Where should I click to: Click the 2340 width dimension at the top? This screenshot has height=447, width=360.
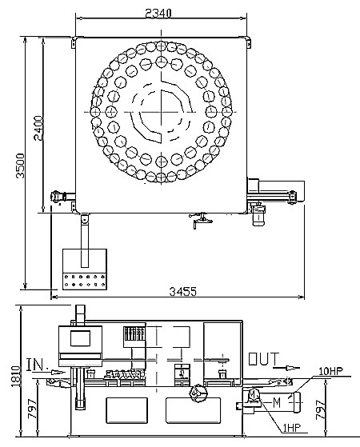tap(158, 13)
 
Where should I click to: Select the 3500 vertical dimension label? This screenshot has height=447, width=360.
tap(20, 166)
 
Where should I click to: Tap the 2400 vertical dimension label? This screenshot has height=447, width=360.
tap(38, 128)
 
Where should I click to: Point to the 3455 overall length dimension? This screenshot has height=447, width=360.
tap(183, 291)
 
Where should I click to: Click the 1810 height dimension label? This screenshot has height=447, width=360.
tap(16, 377)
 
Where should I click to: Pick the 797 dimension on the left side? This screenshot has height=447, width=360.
tap(32, 409)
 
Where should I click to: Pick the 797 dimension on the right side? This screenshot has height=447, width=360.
tap(321, 409)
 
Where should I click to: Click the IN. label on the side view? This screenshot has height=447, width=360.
tap(36, 365)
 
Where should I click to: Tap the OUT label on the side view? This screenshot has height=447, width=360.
tap(263, 359)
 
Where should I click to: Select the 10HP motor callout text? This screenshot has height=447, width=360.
tap(331, 371)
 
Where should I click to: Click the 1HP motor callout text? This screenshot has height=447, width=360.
tap(291, 428)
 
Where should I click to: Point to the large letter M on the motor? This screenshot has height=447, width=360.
tap(277, 402)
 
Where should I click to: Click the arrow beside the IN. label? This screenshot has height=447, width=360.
tap(58, 372)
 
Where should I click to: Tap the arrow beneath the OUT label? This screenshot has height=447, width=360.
tap(286, 368)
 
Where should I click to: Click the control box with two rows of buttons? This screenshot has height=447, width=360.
tap(85, 269)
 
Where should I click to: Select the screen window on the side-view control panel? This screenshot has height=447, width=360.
tap(81, 338)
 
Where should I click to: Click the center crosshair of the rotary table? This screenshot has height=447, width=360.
tap(162, 112)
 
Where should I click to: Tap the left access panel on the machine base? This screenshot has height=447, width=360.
tap(127, 410)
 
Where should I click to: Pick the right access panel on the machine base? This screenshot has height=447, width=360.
tap(193, 410)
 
